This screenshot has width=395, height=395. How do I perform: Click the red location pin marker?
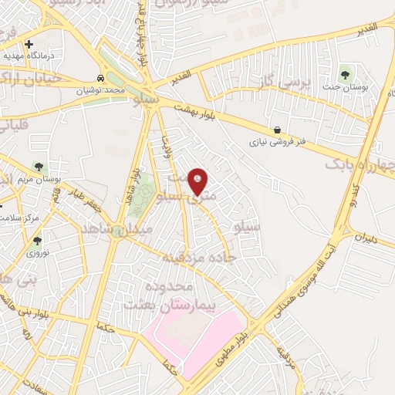coord(197,182)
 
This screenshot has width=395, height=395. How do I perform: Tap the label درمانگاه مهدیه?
coord(22,56)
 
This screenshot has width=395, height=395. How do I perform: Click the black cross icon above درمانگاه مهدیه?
coord(29,44)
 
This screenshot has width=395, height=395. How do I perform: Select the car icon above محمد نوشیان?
coord(101,79)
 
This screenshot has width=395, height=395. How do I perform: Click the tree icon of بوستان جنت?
coord(344,74)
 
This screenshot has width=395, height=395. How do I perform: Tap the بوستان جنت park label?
coord(356,88)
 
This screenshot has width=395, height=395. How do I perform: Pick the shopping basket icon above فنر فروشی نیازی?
coord(277,130)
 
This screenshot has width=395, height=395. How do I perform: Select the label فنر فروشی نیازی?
coord(279,143)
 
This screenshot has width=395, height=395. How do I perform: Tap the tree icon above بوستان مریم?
coord(39,167)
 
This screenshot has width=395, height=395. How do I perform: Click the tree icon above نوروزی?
coord(37,241)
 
